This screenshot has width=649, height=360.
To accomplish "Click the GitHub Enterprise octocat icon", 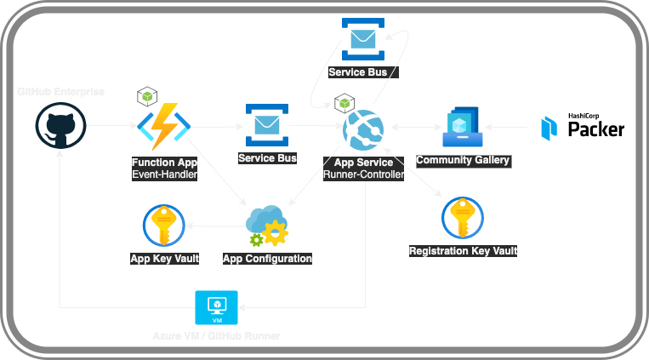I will click(60, 127).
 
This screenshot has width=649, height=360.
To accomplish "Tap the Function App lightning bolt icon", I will click(163, 127).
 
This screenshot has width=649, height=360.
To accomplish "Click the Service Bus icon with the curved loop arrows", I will click(362, 39).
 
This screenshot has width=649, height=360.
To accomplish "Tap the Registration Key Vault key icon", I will click(463, 218).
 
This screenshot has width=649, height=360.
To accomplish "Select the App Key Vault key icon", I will click(164, 226).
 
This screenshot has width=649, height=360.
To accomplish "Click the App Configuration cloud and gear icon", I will click(266, 226).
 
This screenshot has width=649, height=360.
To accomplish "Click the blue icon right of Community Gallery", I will click(549, 128).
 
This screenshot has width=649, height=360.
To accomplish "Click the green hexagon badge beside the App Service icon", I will click(344, 104).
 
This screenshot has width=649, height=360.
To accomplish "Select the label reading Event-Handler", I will click(164, 174).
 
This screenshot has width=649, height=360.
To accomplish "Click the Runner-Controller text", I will click(363, 174).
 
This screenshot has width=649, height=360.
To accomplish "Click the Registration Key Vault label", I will click(463, 251).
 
